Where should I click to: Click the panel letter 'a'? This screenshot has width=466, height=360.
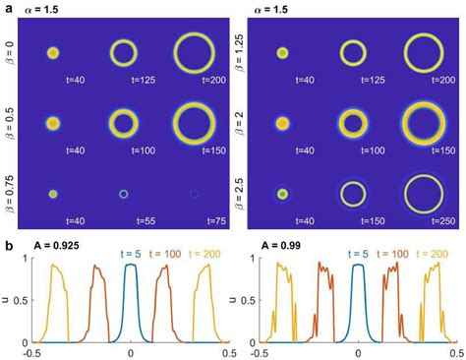7,8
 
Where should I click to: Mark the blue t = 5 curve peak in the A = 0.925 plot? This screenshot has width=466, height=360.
131,266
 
